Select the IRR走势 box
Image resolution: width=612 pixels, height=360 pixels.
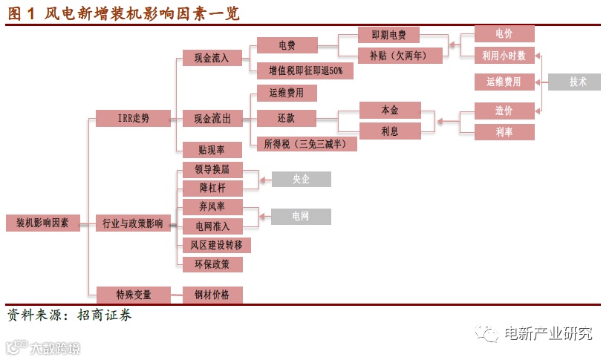coord(133,118)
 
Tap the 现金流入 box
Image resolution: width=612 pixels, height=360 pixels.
coord(212,56)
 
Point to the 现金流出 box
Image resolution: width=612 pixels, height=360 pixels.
coord(212,118)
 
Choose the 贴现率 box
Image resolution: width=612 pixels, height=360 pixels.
coord(212,149)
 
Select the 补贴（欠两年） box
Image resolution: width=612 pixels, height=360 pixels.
coord(389,55)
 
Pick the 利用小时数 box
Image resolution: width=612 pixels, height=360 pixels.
coord(504,55)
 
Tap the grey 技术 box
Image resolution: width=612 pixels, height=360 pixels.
coord(578,82)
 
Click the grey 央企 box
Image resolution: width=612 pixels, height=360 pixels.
coord(301,179)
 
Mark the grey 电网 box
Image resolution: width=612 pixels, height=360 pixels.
coord(301,217)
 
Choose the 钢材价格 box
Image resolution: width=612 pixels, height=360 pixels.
coord(212,295)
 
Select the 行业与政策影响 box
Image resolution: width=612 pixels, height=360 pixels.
coord(133,223)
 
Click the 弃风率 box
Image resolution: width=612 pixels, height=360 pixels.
coord(212,207)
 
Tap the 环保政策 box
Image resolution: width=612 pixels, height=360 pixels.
coord(212,264)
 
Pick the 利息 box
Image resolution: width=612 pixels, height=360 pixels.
coord(389,131)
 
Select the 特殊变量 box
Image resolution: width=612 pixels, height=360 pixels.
coord(133,295)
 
